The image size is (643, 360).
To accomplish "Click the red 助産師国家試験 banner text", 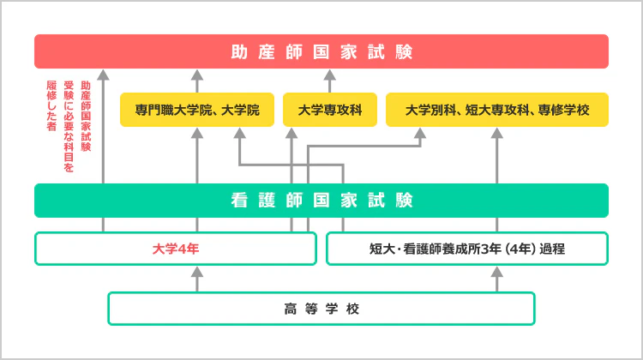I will (321, 52).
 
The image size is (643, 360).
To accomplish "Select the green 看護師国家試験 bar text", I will (321, 201).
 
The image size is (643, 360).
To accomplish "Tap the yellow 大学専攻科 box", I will (330, 110).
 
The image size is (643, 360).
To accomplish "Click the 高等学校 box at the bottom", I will (321, 308).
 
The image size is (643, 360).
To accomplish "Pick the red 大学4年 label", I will (175, 249).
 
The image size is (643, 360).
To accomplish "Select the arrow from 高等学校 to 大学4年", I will (197, 279).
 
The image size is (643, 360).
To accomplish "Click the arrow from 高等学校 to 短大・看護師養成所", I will (496, 279).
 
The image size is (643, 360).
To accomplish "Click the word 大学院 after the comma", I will (240, 110).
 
